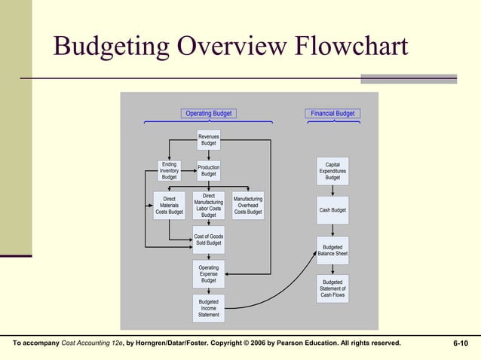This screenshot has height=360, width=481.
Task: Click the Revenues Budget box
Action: point(209,139)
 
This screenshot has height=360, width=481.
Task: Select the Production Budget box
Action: point(209,170)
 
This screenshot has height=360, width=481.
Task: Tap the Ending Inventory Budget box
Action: point(170,170)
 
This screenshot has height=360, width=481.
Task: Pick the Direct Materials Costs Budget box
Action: point(170,206)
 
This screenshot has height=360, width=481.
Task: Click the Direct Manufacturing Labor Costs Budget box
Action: point(209,206)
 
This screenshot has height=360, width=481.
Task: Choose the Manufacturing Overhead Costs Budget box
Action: point(248,206)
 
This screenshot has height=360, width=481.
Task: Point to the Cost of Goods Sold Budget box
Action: point(209,240)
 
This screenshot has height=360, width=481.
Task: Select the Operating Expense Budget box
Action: point(209,274)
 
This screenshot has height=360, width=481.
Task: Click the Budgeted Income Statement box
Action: point(209,308)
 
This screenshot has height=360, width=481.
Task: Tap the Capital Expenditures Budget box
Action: point(332,171)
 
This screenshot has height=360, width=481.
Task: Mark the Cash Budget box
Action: point(332,210)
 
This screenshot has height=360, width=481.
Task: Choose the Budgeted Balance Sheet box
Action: point(332,251)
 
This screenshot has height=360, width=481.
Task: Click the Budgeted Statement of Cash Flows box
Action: point(332,288)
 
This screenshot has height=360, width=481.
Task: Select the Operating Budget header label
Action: point(209,114)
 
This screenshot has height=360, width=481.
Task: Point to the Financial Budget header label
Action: point(332,114)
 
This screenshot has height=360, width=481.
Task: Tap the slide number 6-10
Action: point(460,343)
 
